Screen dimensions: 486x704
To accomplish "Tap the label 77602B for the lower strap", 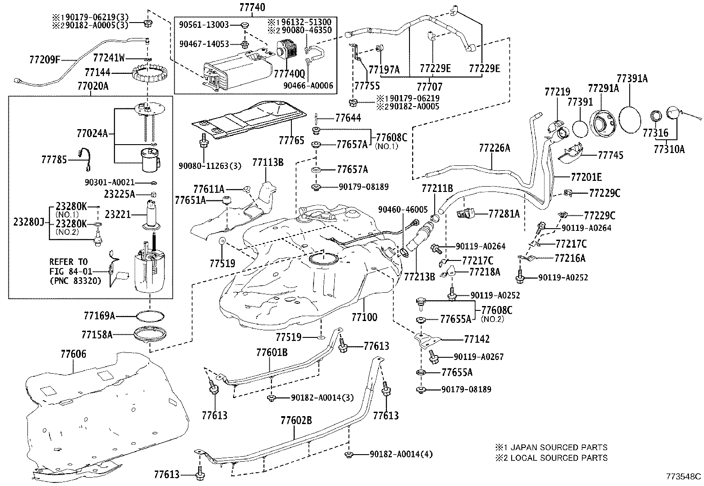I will point(296,420).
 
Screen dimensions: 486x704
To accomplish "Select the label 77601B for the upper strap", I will point(272,352).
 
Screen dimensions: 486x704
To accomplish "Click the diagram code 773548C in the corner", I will point(684,476).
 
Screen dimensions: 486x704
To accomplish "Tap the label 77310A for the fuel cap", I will point(669,149).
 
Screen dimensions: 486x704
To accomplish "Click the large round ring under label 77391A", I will point(630,117).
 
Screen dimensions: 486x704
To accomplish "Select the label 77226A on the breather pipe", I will point(494,148).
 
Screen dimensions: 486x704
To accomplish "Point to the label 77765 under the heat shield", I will point(291,140).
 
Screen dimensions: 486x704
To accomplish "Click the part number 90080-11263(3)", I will point(210,166).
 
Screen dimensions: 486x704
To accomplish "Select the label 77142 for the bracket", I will point(477,339).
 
